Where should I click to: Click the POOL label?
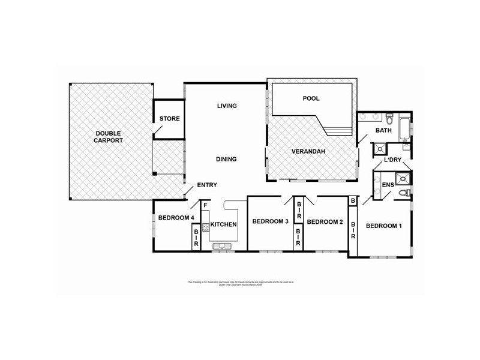pos(311,98)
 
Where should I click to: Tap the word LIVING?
pos(227,106)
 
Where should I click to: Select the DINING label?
pos(227,159)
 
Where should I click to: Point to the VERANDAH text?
pos(308,151)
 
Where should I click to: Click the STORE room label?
pos(169,119)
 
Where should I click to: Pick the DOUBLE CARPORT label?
pos(109,137)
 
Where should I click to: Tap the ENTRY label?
pos(207,185)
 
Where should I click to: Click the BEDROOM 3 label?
pos(271,222)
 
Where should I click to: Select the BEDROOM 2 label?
pos(325,222)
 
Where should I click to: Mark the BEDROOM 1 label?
pos(384,226)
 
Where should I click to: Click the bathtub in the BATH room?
pos(406,128)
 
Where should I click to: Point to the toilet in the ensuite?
pos(406,192)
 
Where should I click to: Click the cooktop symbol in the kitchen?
pos(206,227)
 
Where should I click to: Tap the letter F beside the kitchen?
pos(205,206)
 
